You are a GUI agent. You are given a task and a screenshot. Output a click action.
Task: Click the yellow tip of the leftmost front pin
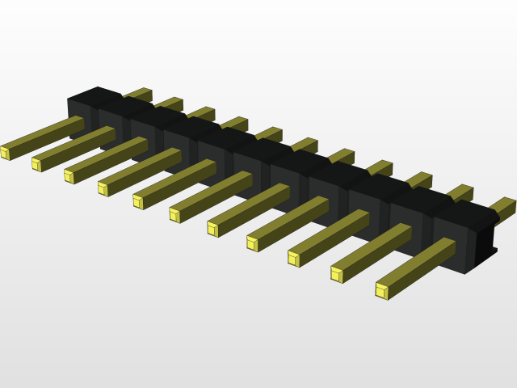point(5,153)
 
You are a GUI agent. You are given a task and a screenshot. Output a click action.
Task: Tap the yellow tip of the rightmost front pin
point(381,291)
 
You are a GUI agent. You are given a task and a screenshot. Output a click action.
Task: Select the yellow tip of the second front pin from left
point(36,165)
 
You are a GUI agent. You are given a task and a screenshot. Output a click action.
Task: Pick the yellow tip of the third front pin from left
point(69,176)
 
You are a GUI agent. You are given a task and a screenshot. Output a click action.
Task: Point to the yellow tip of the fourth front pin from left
point(103,189)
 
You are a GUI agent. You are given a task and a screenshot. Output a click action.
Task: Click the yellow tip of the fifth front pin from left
point(138,202)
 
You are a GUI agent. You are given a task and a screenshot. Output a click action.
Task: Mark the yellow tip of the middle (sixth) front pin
point(174,215)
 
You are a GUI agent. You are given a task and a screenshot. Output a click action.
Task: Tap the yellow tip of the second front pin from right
point(337,275)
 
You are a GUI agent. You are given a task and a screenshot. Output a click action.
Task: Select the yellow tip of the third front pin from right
point(293,259)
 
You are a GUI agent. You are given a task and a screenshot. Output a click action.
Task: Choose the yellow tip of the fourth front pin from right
point(252,243)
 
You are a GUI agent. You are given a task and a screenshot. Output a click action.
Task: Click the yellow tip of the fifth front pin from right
point(212,229)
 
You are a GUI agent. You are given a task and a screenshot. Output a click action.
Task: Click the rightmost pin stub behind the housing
point(503,207)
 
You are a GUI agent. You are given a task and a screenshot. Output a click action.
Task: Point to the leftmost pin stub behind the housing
point(139,94)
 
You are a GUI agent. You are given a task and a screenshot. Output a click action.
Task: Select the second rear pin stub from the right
point(460,193)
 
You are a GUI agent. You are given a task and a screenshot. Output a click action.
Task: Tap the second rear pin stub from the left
point(170,103)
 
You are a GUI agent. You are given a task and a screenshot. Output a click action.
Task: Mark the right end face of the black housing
point(483,242)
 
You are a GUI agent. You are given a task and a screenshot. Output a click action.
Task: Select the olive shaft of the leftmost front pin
point(44,135)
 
